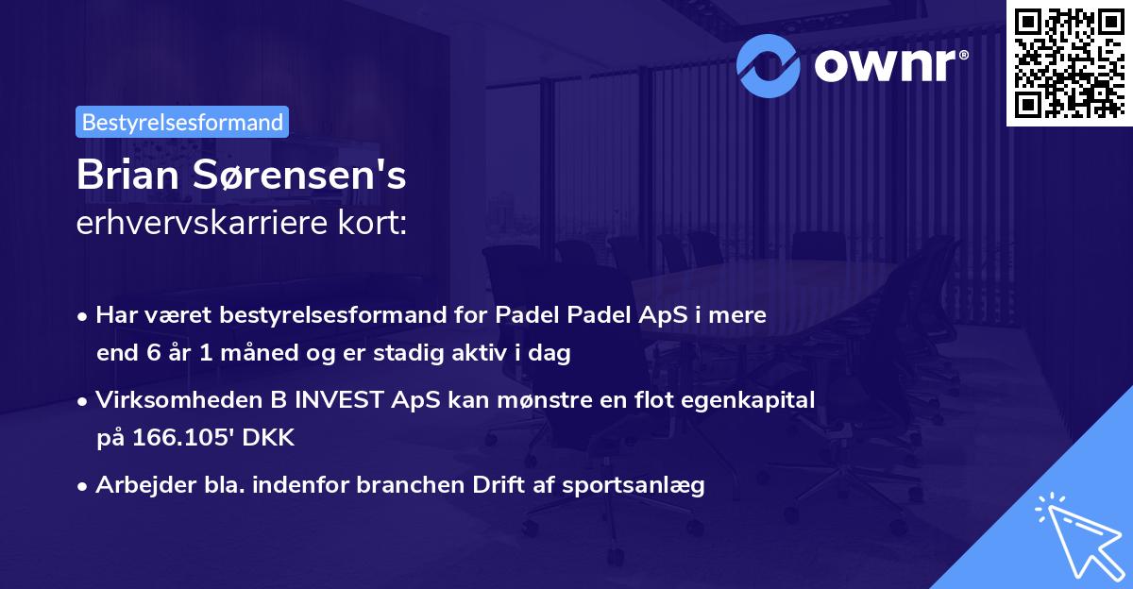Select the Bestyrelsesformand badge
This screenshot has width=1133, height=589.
point(182,122)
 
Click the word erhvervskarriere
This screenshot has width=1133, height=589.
point(191,224)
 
